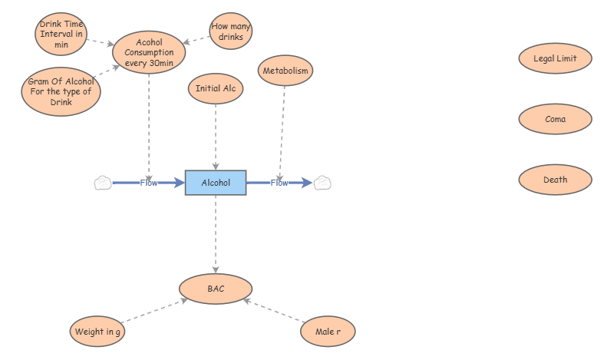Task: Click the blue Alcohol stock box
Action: (x=216, y=183)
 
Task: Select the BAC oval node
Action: (x=216, y=289)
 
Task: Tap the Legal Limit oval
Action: (x=555, y=58)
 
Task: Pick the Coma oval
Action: (x=555, y=119)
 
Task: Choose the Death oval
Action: (x=555, y=180)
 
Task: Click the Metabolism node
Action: (x=286, y=71)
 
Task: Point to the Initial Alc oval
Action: (x=216, y=88)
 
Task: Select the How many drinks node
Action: (x=231, y=31)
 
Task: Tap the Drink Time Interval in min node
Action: (x=61, y=34)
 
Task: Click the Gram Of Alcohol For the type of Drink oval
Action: (x=61, y=91)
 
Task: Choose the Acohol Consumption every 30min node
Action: (x=149, y=52)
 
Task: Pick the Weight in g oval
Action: (x=97, y=332)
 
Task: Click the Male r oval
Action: (x=328, y=332)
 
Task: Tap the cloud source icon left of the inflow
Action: (x=103, y=183)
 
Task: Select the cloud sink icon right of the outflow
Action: (x=322, y=183)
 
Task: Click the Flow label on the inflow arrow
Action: (x=149, y=183)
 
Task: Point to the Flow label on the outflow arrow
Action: (x=279, y=183)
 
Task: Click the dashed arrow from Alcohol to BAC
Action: (x=216, y=234)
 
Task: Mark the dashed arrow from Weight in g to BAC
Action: (x=155, y=311)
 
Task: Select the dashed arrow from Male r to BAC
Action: (x=274, y=311)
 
